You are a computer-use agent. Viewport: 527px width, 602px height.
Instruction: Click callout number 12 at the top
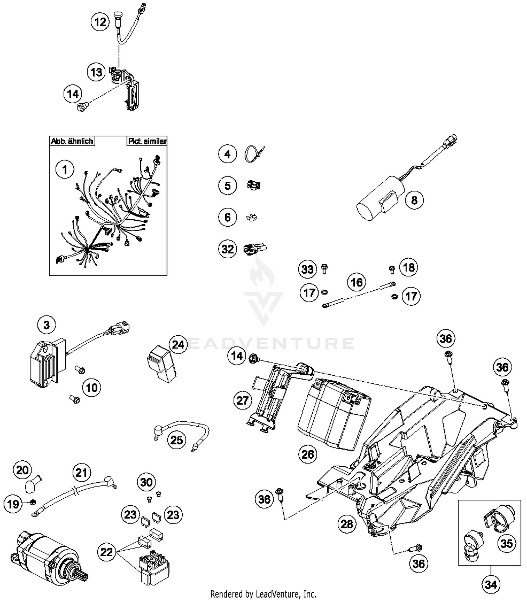tap(100, 22)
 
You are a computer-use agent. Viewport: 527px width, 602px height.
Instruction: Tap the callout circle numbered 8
tap(414, 200)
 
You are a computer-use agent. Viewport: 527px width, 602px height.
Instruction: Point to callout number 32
tap(227, 249)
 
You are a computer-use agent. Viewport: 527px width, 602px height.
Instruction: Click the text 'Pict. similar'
tap(147, 141)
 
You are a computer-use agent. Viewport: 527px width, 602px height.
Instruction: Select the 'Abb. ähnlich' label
tap(72, 141)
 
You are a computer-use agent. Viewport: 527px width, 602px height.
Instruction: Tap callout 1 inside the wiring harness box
tap(65, 170)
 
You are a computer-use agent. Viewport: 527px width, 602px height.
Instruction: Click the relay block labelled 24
tap(162, 364)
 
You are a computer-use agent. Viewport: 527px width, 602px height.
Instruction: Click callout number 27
tap(242, 400)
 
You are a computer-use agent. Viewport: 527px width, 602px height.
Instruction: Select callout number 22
tap(106, 552)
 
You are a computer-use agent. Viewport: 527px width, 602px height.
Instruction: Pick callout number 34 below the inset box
tap(491, 584)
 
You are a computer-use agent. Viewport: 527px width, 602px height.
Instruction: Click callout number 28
tap(347, 524)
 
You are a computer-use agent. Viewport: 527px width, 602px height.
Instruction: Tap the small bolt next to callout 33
tap(325, 269)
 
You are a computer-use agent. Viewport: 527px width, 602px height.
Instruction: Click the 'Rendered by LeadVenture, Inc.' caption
tap(263, 594)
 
